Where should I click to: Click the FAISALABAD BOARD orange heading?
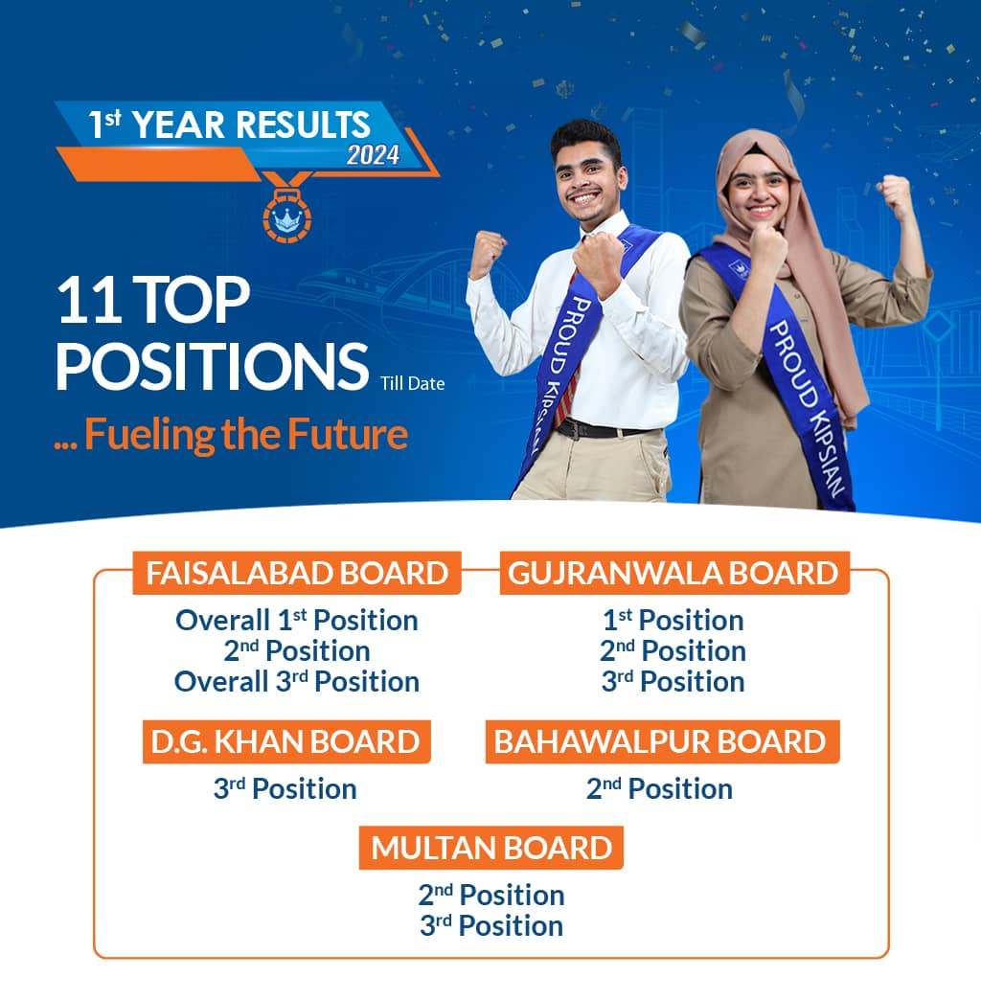(297, 573)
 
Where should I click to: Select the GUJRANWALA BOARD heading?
(674, 573)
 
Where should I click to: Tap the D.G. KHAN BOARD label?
(286, 741)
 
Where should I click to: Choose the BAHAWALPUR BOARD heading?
(662, 741)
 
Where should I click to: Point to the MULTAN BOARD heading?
(491, 849)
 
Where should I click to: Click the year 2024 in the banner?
(373, 155)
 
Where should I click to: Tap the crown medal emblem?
(287, 214)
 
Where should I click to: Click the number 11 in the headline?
(88, 300)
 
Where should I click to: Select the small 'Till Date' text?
(413, 383)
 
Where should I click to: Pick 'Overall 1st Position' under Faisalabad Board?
(297, 620)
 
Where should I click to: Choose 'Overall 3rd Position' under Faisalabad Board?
(297, 681)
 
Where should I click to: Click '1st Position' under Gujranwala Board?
(673, 620)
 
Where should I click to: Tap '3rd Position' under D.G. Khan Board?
(285, 789)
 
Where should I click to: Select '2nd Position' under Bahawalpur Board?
(659, 789)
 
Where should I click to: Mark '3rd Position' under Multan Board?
(491, 926)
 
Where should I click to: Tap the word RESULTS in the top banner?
(303, 125)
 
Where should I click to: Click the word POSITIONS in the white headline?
(213, 366)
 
